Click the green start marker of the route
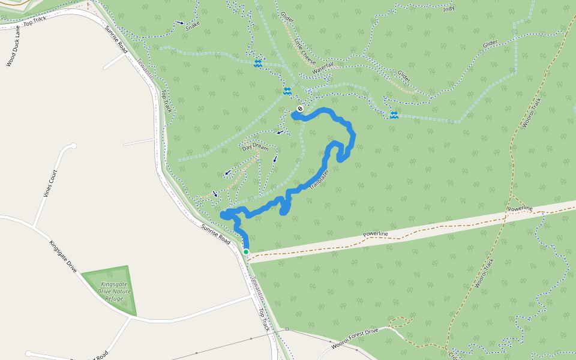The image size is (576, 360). pyautogui.click(x=246, y=251)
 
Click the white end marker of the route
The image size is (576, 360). pyautogui.click(x=300, y=109)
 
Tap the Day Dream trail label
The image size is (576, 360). pyautogui.click(x=255, y=146)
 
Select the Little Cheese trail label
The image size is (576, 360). pyautogui.click(x=305, y=51)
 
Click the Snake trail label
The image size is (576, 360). pyautogui.click(x=193, y=26)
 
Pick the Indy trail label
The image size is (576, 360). pyautogui.click(x=448, y=9)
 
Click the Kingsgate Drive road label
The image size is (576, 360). pyautogui.click(x=62, y=256)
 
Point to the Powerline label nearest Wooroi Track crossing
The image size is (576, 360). pyautogui.click(x=520, y=208)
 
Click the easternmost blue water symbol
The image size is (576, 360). pyautogui.click(x=394, y=115)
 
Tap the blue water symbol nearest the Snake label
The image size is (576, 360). pyautogui.click(x=257, y=63)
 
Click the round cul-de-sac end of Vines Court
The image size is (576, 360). pyautogui.click(x=73, y=146)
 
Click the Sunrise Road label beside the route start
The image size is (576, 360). pyautogui.click(x=215, y=233)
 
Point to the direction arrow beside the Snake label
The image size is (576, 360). pyautogui.click(x=181, y=23)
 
